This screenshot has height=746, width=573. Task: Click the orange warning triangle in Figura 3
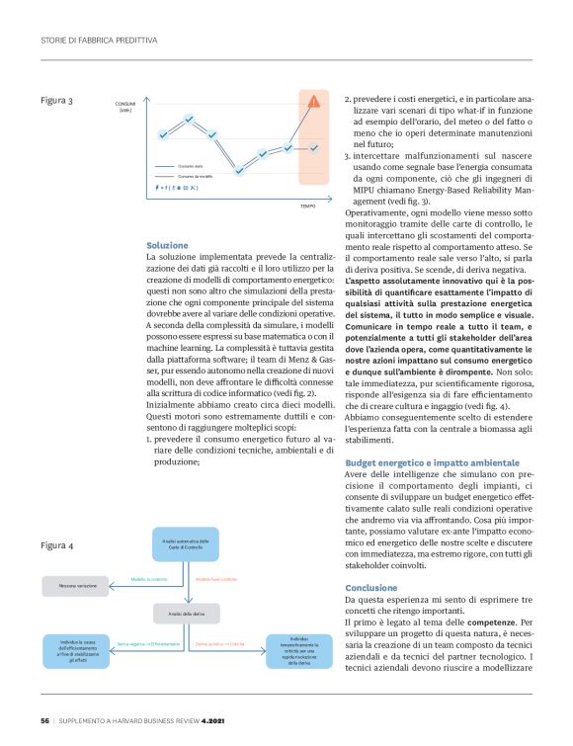[314, 101]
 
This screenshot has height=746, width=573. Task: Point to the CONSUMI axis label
[125, 106]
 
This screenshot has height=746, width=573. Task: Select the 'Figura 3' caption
[57, 101]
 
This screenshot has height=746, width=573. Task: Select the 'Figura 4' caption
[57, 545]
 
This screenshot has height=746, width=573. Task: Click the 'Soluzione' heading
[166, 245]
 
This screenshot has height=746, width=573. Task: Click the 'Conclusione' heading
[371, 588]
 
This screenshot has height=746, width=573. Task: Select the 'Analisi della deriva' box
[185, 614]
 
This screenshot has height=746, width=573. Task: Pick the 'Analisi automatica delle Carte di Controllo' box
[185, 544]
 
